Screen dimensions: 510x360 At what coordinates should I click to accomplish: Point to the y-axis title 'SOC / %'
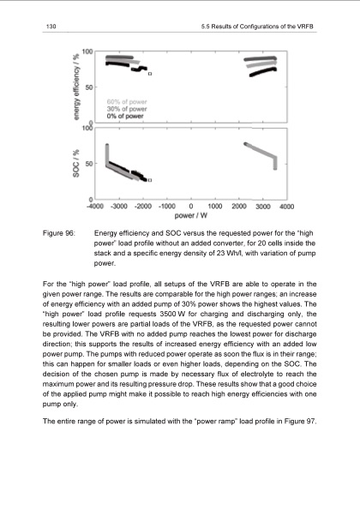pyautogui.click(x=76, y=163)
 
